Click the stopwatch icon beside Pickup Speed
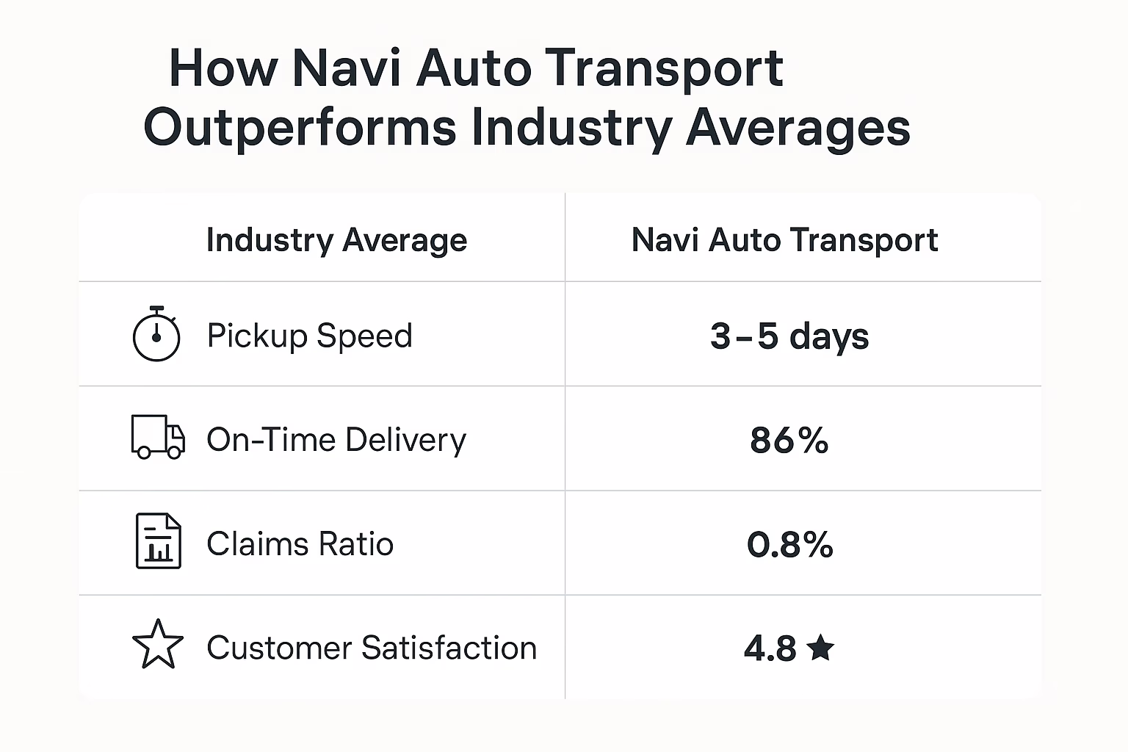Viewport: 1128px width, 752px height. click(x=156, y=336)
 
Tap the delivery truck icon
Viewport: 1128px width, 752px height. click(x=157, y=438)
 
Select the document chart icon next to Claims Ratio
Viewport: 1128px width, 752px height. click(x=158, y=541)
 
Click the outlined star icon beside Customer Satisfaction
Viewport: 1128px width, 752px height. click(x=158, y=645)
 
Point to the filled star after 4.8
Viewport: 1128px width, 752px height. click(x=820, y=648)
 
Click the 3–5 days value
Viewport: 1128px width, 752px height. click(x=789, y=336)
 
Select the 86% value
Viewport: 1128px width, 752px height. click(x=789, y=441)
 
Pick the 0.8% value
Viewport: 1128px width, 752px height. click(x=789, y=545)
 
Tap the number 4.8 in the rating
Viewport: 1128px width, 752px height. click(x=770, y=648)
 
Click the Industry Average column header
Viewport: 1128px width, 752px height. click(x=336, y=240)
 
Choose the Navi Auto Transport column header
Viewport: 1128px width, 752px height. click(x=784, y=240)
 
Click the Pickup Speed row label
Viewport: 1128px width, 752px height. click(x=309, y=336)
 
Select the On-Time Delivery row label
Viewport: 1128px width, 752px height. click(x=336, y=440)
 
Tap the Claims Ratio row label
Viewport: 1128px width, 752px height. click(x=300, y=544)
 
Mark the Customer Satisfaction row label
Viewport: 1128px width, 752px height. click(x=372, y=648)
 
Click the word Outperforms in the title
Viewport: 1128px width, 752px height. click(x=300, y=128)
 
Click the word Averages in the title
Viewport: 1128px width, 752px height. click(x=798, y=128)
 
